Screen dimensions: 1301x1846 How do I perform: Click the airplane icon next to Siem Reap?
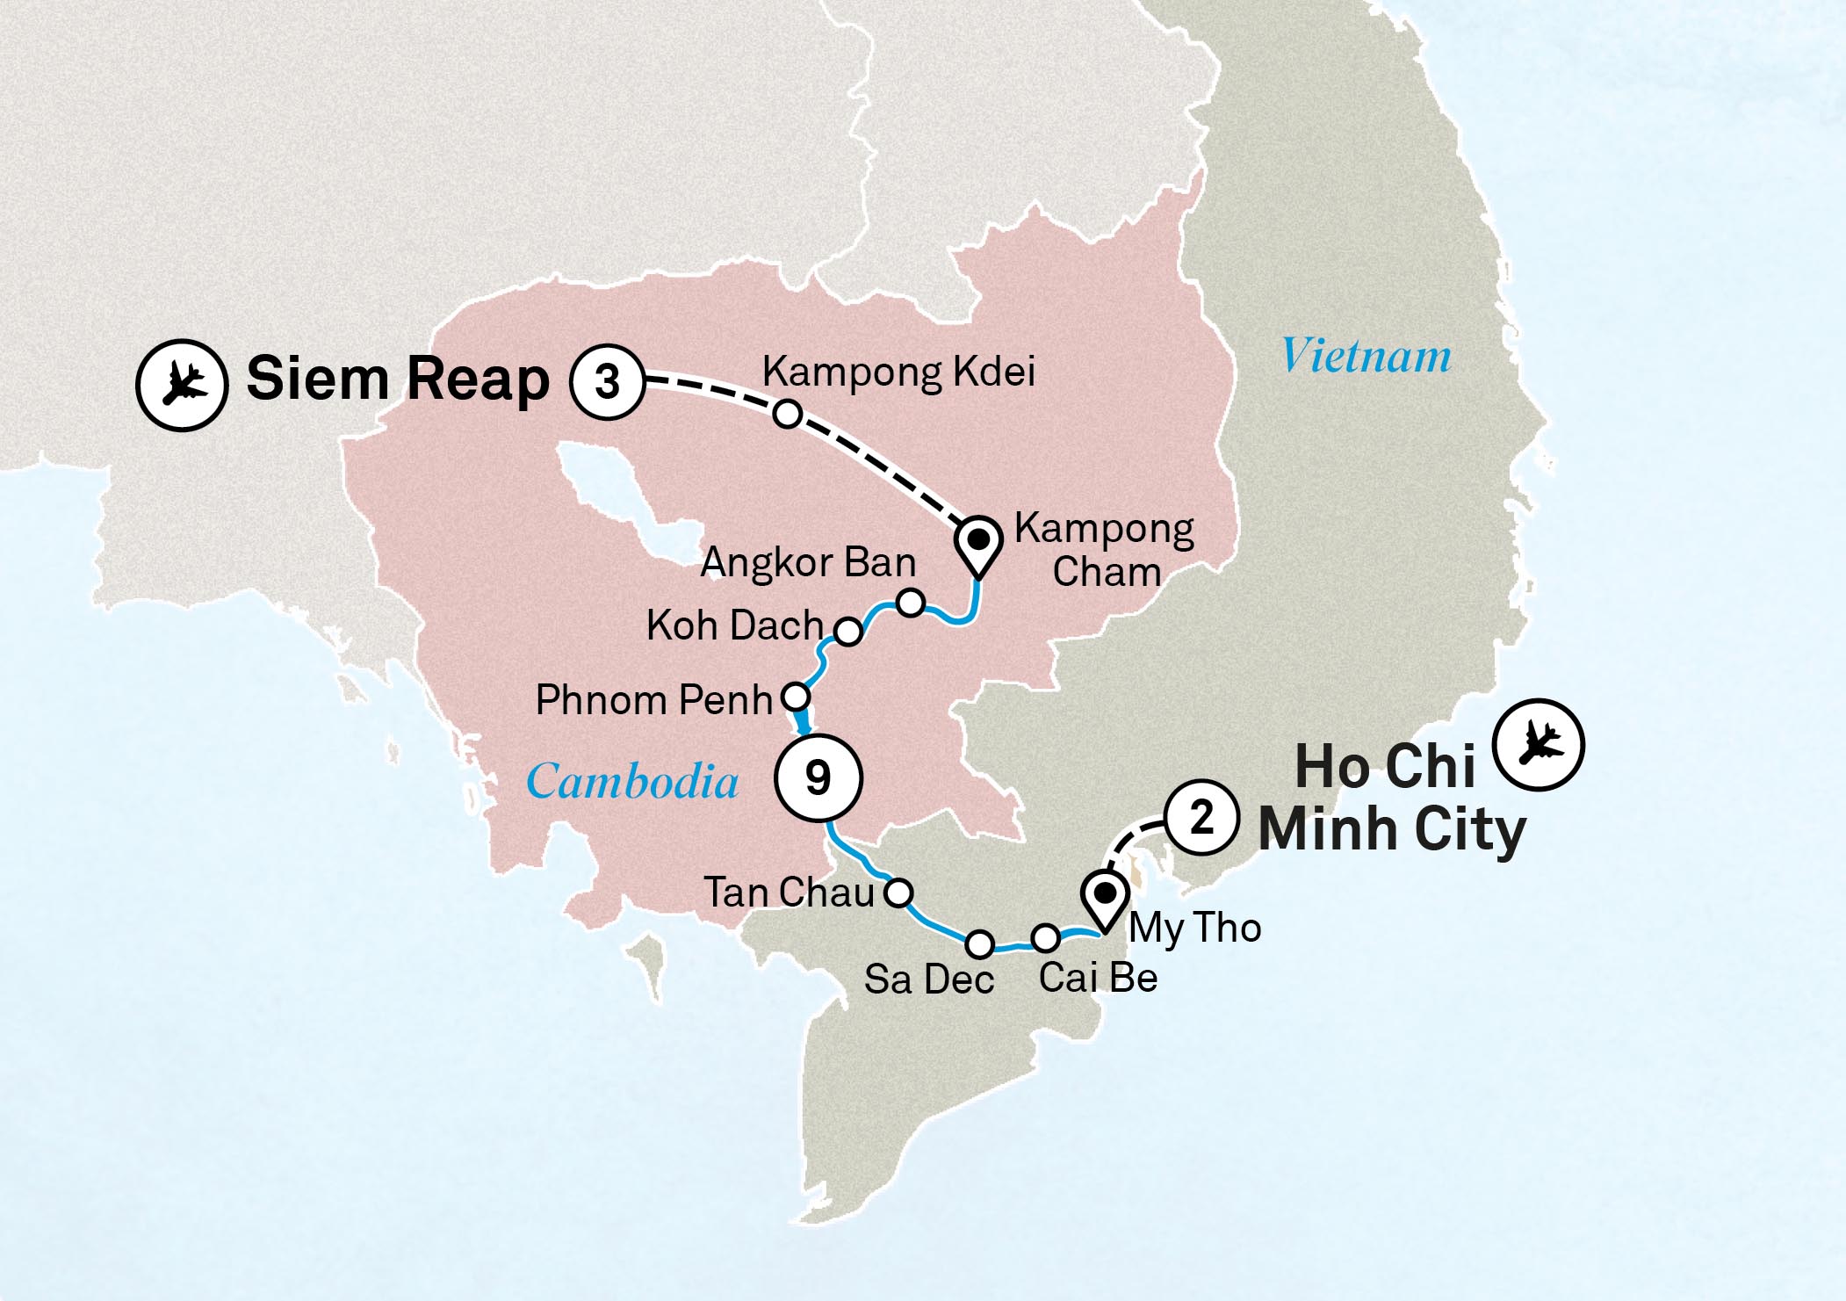pyautogui.click(x=182, y=385)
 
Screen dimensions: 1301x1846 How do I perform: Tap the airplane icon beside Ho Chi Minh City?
pyautogui.click(x=1539, y=744)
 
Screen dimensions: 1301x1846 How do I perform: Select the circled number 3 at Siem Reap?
pyautogui.click(x=608, y=381)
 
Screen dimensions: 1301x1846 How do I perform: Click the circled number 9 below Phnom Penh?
pyautogui.click(x=818, y=777)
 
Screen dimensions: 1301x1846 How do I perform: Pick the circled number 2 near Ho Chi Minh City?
pyautogui.click(x=1201, y=819)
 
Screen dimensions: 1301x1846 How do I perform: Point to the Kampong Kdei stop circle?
pyautogui.click(x=788, y=414)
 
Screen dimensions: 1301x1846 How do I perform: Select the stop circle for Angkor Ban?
pyautogui.click(x=911, y=603)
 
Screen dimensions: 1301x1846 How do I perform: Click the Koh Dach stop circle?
pyautogui.click(x=847, y=631)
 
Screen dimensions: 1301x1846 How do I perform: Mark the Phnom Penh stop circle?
pyautogui.click(x=795, y=697)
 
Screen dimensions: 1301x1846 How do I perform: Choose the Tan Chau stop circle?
pyautogui.click(x=898, y=893)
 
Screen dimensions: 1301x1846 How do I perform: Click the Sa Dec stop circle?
pyautogui.click(x=980, y=944)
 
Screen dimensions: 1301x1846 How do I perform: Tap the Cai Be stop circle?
pyautogui.click(x=1045, y=938)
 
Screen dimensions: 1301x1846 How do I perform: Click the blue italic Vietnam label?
pyautogui.click(x=1366, y=356)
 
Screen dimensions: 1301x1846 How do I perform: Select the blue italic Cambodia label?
pyautogui.click(x=632, y=780)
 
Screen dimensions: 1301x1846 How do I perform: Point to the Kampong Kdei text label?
pyautogui.click(x=898, y=372)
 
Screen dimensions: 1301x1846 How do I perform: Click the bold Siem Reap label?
pyautogui.click(x=397, y=379)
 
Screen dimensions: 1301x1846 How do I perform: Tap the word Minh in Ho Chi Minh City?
pyautogui.click(x=1328, y=829)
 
